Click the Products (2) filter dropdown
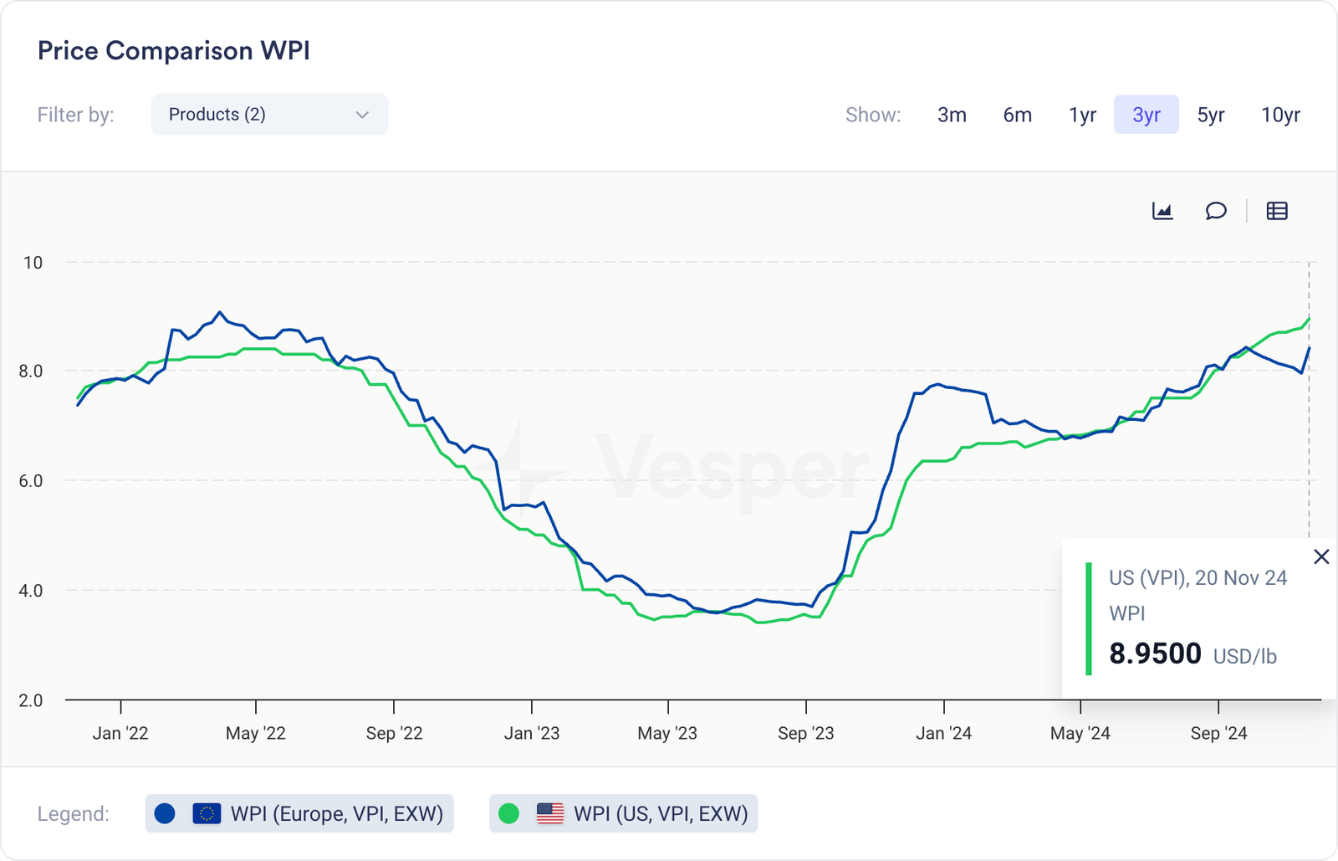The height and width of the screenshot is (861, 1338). click(x=269, y=115)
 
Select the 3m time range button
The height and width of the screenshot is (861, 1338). click(x=952, y=115)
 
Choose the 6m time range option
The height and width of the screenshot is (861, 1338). click(x=1017, y=115)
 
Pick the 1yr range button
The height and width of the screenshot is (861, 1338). click(x=1082, y=115)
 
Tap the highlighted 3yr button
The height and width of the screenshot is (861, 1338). click(x=1146, y=115)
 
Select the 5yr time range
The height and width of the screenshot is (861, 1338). click(x=1210, y=115)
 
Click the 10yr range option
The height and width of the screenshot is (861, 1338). click(x=1280, y=115)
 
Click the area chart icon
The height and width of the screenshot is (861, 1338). click(x=1162, y=211)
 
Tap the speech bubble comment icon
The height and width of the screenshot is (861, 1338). click(x=1216, y=211)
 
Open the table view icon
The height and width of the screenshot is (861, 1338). click(x=1277, y=211)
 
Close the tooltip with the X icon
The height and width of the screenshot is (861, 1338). click(x=1321, y=556)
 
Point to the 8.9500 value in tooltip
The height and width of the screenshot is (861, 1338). click(x=1155, y=653)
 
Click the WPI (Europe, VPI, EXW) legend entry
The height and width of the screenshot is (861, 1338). click(x=299, y=813)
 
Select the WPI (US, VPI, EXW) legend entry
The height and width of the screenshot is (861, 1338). click(x=623, y=813)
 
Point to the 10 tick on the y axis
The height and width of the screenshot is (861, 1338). click(x=33, y=263)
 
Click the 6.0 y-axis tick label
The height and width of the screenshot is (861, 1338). click(x=31, y=481)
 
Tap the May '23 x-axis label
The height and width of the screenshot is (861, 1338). click(x=666, y=734)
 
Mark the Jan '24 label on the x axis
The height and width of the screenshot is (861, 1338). click(x=943, y=734)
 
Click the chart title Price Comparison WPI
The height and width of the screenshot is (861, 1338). click(x=174, y=51)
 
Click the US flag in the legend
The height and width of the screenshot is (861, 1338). click(x=549, y=813)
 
